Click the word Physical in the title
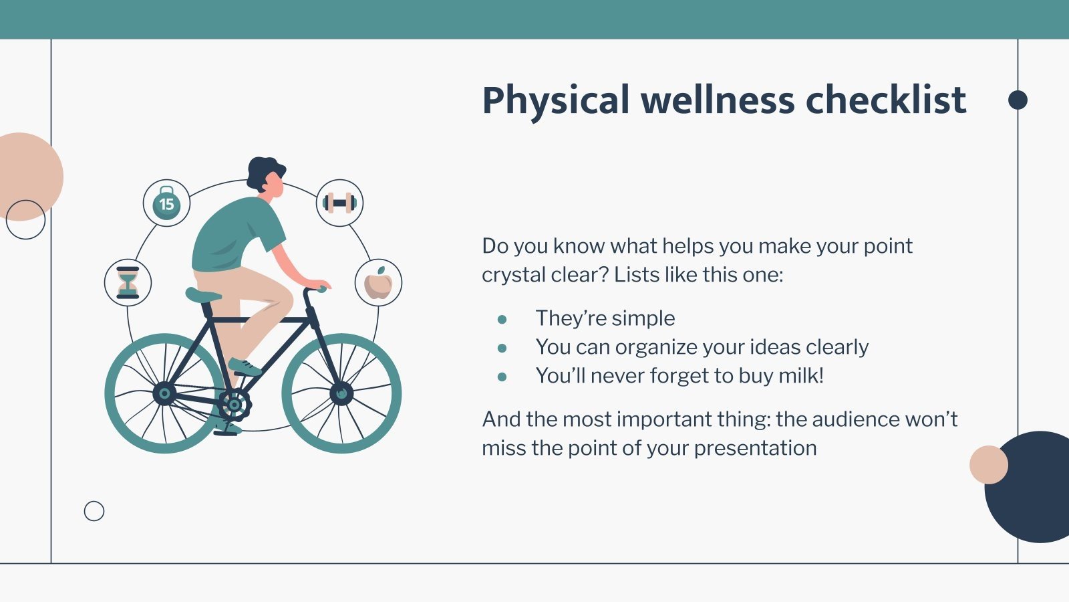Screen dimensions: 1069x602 [x=556, y=101]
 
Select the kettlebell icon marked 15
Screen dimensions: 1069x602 [x=166, y=203]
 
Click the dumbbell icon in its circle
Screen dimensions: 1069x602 [x=340, y=203]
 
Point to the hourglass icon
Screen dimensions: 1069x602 [x=128, y=283]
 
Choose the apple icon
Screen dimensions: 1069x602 [x=378, y=284]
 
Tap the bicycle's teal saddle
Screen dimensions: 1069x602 [x=203, y=295]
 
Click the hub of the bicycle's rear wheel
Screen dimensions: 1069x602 [x=164, y=394]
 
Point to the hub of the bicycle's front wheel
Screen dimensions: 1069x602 [x=341, y=394]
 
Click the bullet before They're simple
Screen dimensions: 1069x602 [x=502, y=319]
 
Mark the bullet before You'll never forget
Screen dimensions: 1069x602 [x=502, y=377]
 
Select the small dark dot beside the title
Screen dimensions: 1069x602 [x=1018, y=100]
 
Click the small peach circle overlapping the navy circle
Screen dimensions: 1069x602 [x=989, y=465]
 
